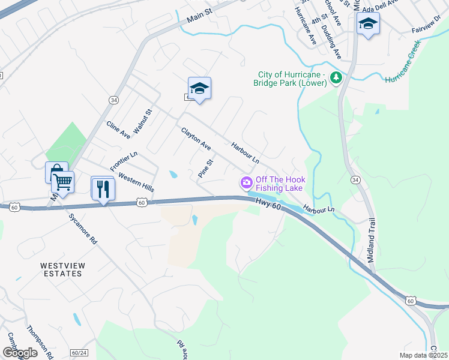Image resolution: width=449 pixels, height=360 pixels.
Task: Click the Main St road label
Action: click(200, 15)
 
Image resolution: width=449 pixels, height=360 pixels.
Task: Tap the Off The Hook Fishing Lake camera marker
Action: click(246, 182)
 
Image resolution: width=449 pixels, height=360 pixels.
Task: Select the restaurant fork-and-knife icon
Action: click(103, 189)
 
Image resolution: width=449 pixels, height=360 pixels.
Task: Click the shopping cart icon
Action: click(62, 181)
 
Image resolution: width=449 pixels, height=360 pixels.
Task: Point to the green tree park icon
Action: click(337, 77)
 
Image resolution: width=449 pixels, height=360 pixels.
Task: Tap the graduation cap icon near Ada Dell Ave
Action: click(368, 24)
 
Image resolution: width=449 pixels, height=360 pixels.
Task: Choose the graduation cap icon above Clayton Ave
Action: click(199, 89)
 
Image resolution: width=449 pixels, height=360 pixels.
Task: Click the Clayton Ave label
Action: click(196, 139)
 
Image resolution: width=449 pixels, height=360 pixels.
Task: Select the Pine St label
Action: click(206, 169)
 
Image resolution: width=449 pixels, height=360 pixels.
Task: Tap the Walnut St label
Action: click(143, 121)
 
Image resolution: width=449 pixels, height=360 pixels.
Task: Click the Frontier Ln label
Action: click(124, 161)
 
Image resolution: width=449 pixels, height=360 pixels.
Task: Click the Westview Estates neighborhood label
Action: click(62, 269)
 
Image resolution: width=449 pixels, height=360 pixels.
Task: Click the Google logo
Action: click(20, 353)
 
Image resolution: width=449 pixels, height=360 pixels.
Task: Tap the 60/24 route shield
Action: click(79, 353)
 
